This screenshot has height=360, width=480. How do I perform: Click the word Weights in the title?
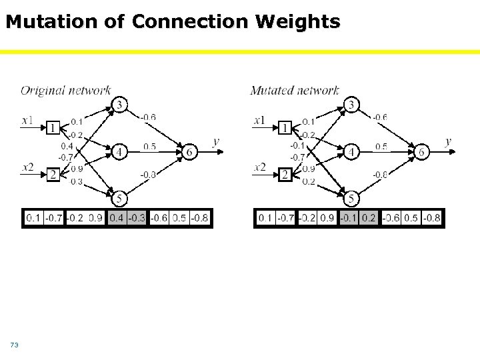coord(303,22)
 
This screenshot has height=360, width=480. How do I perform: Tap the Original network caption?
coord(65,90)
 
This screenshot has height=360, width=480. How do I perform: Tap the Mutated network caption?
coord(295,90)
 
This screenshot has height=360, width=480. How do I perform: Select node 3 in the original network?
coord(119,105)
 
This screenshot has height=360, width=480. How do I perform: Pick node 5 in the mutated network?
coord(351,198)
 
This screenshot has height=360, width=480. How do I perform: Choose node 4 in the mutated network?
coord(351,152)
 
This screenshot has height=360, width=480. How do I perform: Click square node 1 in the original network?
coord(53,128)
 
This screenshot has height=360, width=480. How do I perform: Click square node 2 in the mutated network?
coord(285,175)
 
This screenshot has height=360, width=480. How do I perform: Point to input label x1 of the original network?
coord(28,121)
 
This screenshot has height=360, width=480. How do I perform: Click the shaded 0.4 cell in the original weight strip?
coord(116,218)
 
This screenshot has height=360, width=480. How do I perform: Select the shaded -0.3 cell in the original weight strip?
coord(137,218)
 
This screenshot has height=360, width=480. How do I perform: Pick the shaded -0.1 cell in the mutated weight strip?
coord(349,218)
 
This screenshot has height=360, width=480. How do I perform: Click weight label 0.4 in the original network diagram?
coord(67,146)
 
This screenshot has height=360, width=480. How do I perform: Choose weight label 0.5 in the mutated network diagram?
coord(381,147)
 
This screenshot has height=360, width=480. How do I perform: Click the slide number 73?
coord(14,345)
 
